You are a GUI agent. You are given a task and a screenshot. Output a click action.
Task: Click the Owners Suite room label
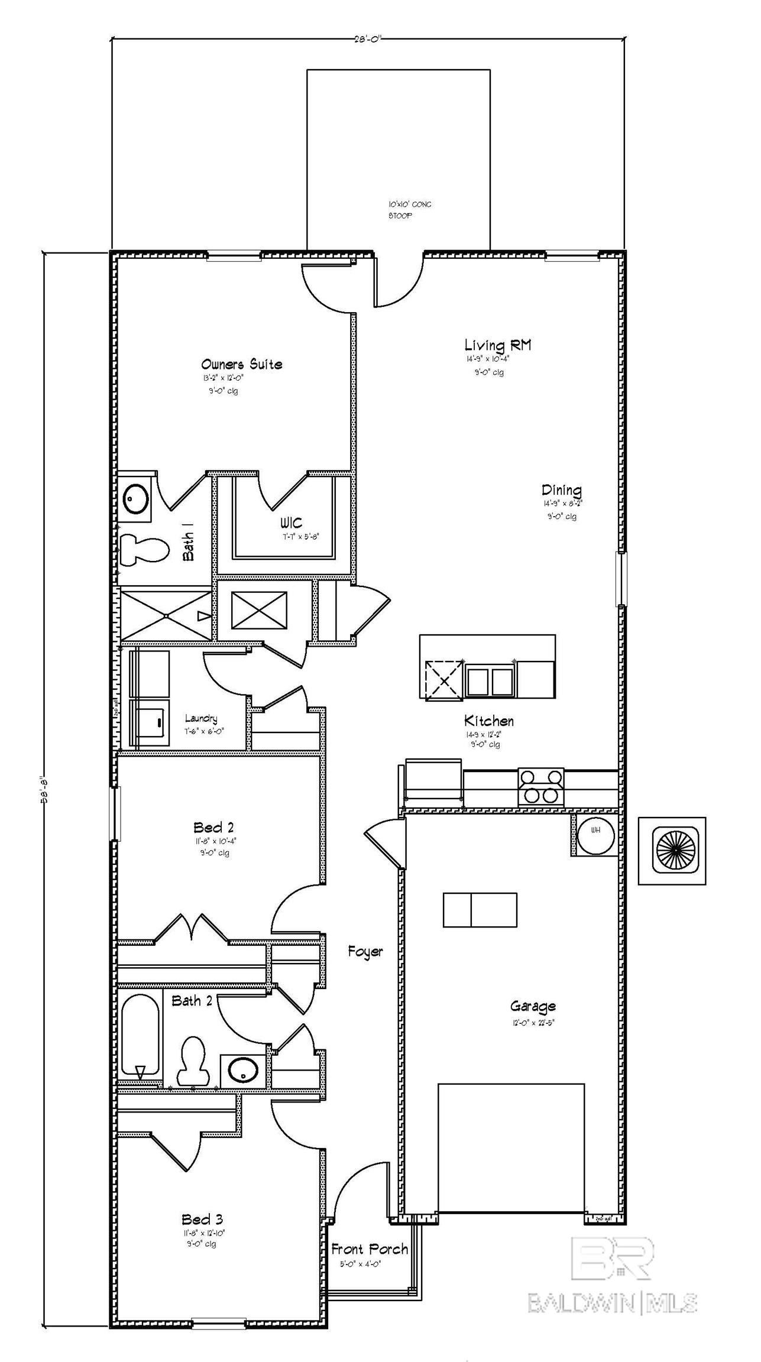click(x=241, y=364)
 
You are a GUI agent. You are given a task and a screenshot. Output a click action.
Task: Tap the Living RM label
click(x=497, y=345)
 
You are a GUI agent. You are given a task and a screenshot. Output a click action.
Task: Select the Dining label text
click(x=561, y=490)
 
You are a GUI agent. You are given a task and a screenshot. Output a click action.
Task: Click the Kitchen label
click(x=488, y=721)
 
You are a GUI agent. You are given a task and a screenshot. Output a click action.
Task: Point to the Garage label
click(x=533, y=1006)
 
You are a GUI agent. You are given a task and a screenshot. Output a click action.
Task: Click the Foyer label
click(x=365, y=952)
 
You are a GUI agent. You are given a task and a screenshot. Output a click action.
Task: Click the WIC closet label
click(x=291, y=523)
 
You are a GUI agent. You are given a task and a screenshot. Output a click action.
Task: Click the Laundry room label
click(x=201, y=719)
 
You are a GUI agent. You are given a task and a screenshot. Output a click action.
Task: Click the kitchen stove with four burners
click(x=541, y=787)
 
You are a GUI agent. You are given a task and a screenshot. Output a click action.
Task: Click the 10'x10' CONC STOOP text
click(x=409, y=210)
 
